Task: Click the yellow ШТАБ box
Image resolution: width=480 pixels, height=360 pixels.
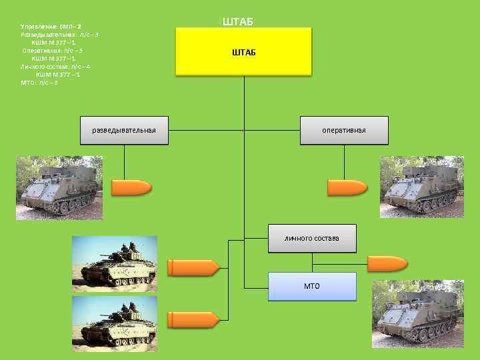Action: coord(243,51)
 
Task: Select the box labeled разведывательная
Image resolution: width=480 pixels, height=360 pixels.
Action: coord(124,129)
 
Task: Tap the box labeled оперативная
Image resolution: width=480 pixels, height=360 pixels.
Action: coord(344,129)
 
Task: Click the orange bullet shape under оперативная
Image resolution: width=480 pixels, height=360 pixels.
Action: coord(347,189)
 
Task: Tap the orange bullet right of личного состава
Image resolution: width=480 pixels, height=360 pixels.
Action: coord(387,263)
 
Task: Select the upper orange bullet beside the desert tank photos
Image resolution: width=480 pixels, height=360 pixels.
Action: coord(193,268)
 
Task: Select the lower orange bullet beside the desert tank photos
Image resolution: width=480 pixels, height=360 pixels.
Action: coord(193,319)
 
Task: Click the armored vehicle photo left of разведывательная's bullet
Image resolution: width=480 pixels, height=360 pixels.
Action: coord(59,188)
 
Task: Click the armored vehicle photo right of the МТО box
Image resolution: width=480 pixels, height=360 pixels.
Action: coord(417,313)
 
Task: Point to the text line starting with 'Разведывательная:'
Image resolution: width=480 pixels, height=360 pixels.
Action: coord(60,35)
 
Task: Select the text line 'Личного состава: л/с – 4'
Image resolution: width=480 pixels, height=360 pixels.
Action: coord(55,67)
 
